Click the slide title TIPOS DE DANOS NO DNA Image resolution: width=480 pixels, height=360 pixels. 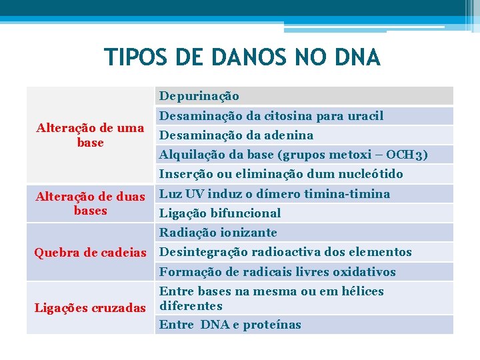tap(242, 57)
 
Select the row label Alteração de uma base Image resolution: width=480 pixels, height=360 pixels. tap(90, 135)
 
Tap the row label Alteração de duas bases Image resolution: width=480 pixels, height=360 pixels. tap(90, 203)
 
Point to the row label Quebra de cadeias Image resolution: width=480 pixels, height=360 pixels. tap(90, 252)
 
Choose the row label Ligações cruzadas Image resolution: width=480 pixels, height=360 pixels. tap(90, 307)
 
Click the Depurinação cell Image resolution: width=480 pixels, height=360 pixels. tap(199, 97)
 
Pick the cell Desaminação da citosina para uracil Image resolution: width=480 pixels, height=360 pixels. tap(271, 116)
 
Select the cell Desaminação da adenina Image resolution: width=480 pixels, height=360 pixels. tap(236, 135)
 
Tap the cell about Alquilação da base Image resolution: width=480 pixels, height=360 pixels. tap(293, 155)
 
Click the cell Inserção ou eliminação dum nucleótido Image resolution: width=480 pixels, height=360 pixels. tap(281, 174)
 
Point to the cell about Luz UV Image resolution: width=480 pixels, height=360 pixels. tap(275, 194)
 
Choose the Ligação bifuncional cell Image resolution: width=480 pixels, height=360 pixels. tap(220, 213)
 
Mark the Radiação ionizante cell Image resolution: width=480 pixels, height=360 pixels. tap(218, 233)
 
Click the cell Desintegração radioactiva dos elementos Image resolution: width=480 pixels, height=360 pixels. tap(285, 252)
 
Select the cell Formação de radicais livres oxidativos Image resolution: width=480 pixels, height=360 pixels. tap(277, 272)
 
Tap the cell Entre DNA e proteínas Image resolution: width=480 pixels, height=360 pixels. tap(230, 325)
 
